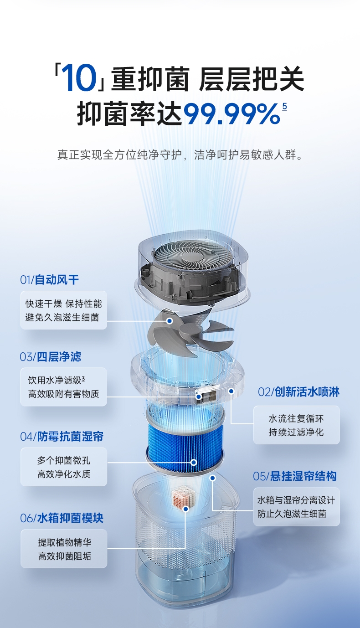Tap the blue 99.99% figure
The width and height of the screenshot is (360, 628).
[231, 113]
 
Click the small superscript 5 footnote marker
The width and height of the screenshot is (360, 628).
[284, 107]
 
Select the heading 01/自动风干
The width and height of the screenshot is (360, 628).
[49, 279]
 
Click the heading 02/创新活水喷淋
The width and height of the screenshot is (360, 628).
[298, 391]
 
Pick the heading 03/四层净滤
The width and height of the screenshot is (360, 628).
[51, 357]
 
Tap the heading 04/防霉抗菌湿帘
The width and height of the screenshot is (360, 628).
[62, 436]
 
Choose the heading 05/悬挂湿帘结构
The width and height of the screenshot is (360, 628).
[295, 476]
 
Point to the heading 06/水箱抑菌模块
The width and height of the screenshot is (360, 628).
[62, 518]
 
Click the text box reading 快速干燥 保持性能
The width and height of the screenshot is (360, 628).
[64, 310]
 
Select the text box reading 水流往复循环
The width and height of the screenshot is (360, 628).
[297, 425]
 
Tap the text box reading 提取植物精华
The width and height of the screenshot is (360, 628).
[64, 549]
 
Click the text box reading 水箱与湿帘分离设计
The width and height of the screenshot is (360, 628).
[297, 507]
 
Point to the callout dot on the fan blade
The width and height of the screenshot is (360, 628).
[170, 321]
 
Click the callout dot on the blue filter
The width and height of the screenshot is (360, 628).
[194, 462]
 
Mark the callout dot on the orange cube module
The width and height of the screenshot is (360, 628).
[185, 509]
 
